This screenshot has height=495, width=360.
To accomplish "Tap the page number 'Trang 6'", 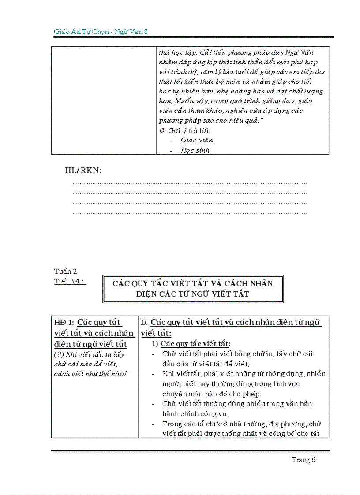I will coord(304,460).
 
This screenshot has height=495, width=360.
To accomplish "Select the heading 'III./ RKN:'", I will coord(83,171).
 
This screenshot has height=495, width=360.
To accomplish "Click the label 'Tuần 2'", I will coord(65,272).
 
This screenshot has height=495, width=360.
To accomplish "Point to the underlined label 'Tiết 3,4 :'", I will coord(70,282).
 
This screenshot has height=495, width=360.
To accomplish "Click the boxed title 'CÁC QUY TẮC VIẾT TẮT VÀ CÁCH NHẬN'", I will coord(193,283).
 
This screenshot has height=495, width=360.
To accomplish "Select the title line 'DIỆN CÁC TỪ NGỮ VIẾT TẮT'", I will coord(193,294).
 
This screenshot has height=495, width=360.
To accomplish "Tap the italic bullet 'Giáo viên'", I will coord(197,140).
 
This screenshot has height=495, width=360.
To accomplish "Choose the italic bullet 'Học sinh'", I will coord(195,150).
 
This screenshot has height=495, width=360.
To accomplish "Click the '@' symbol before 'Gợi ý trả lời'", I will coord(162,131).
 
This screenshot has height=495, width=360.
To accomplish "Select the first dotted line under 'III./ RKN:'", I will coord(190,183).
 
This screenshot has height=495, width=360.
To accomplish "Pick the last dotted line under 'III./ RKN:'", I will coord(190,213).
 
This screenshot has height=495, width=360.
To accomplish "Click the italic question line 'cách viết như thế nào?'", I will coord(91,374).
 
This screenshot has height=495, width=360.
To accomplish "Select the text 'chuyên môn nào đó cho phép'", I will coord(211,394).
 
